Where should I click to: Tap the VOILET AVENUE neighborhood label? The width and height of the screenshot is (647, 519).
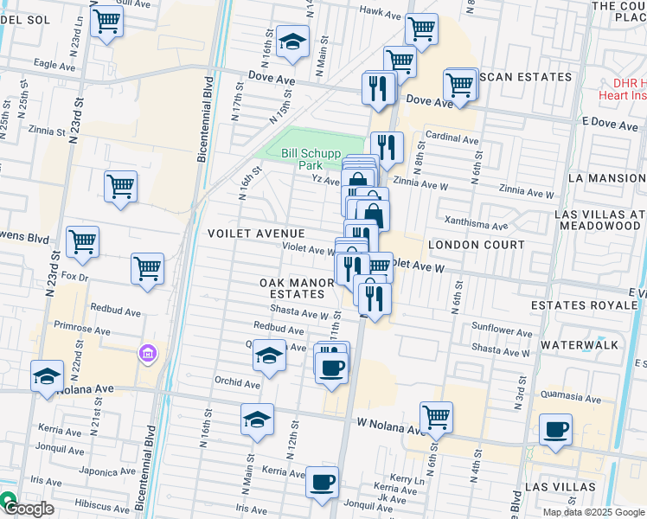pyautogui.click(x=256, y=234)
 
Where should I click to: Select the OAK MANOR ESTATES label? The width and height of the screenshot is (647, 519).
pyautogui.click(x=297, y=289)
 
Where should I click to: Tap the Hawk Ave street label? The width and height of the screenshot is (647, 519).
pyautogui.click(x=381, y=15)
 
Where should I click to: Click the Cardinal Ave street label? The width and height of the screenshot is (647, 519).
pyautogui.click(x=452, y=138)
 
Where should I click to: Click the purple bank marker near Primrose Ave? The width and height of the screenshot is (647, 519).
pyautogui.click(x=147, y=354)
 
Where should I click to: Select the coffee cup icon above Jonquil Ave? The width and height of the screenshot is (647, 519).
pyautogui.click(x=323, y=484)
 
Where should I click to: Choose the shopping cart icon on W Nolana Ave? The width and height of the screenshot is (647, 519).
pyautogui.click(x=437, y=417)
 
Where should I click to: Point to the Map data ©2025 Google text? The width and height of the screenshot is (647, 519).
pyautogui.click(x=593, y=512)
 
